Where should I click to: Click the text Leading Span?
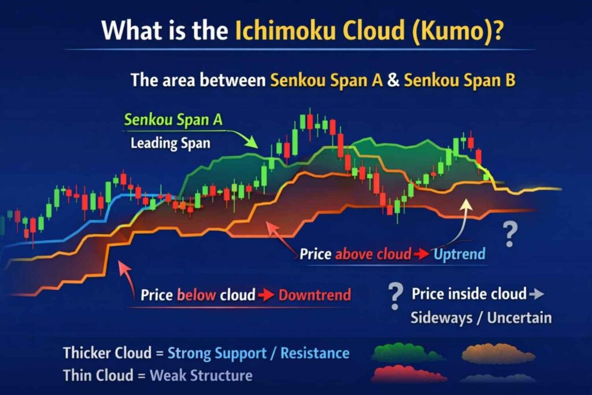pyautogui.click(x=170, y=143)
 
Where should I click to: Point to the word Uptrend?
pyautogui.click(x=460, y=254)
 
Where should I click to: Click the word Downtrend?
pyautogui.click(x=314, y=295)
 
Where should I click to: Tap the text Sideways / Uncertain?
pyautogui.click(x=481, y=318)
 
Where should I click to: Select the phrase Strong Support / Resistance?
pyautogui.click(x=258, y=353)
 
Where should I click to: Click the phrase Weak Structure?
pyautogui.click(x=201, y=375)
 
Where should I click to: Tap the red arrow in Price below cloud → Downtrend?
pyautogui.click(x=267, y=295)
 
